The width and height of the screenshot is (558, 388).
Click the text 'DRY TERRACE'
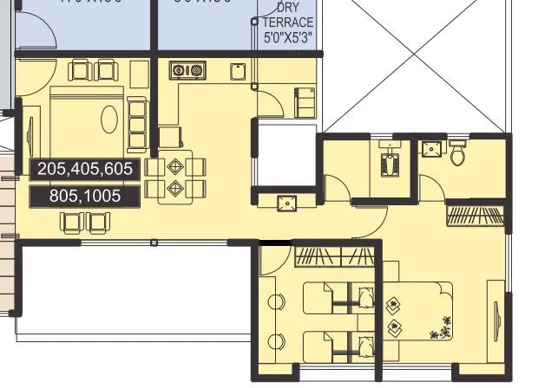tap(289, 15)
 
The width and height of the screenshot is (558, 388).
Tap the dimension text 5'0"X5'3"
tap(289, 38)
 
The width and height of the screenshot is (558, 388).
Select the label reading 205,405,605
tap(84, 170)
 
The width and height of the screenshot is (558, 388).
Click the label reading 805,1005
tap(84, 197)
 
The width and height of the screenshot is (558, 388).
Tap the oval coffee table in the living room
tap(109, 119)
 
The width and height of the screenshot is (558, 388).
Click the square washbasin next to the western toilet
tap(430, 149)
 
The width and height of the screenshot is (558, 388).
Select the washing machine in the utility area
tap(304, 101)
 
